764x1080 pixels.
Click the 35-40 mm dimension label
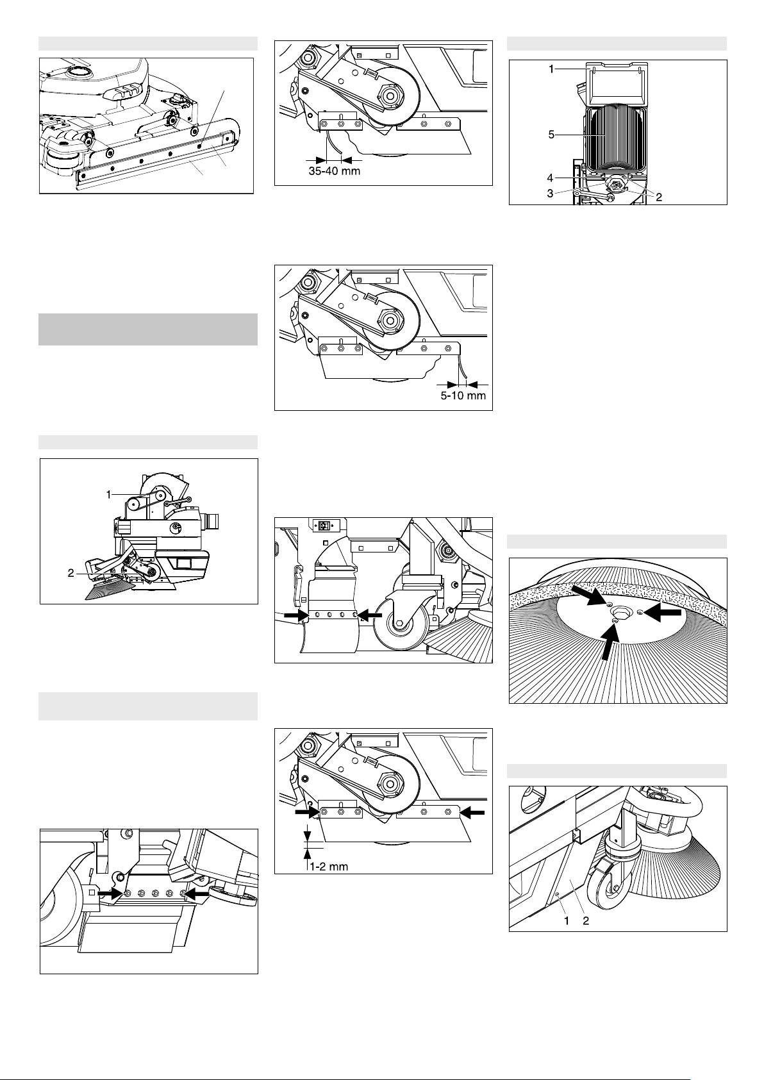[334, 171]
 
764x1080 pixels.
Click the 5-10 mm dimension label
[463, 396]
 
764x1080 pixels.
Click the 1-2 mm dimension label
[329, 867]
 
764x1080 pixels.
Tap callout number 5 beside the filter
[551, 135]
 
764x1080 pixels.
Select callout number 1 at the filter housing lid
[551, 69]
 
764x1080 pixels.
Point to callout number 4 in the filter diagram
[551, 178]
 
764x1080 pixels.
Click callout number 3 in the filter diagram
[551, 193]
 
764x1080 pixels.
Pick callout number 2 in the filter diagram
[659, 197]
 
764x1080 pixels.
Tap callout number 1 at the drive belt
[109, 494]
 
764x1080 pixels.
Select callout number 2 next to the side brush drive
[71, 573]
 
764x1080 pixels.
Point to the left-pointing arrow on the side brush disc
[664, 612]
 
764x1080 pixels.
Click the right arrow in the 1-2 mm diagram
[472, 813]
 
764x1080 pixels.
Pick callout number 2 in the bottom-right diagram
[586, 920]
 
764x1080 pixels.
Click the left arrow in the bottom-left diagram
[112, 892]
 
